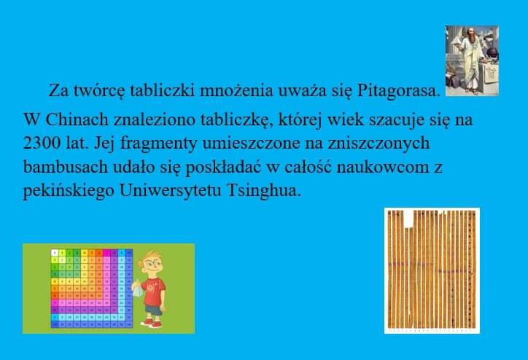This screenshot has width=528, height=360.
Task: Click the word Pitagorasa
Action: coord(398,91)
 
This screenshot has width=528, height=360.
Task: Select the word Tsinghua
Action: coord(264,191)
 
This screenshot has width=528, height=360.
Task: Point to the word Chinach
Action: coord(77,120)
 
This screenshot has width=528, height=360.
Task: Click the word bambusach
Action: coord(66,167)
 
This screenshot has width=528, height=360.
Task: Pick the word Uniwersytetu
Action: coord(171,191)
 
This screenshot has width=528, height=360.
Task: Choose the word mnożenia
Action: coord(236,91)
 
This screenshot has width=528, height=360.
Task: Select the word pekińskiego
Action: coord(69,191)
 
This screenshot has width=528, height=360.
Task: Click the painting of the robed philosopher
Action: coord(472,61)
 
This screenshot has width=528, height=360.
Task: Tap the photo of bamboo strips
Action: coord(432,270)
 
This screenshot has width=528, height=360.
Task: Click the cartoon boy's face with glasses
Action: coord(151,263)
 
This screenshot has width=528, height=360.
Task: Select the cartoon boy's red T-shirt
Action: coord(154,291)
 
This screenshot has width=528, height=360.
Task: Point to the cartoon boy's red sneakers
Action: coord(154,324)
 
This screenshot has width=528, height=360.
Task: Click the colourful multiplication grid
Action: coord(92,289)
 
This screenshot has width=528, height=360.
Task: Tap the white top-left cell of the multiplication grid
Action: coord(55,253)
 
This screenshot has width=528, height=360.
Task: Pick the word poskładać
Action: coord(223,168)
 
